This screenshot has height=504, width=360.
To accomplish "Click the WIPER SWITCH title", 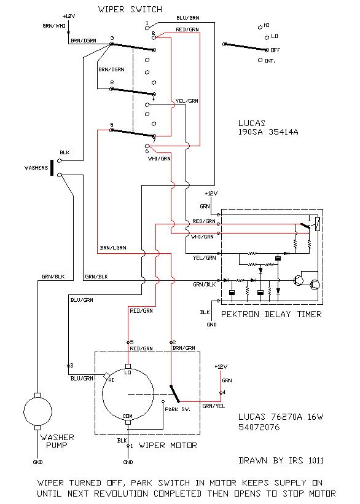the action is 130,10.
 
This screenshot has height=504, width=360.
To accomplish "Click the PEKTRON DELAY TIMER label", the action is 271,314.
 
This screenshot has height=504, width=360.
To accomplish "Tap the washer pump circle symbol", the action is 37,411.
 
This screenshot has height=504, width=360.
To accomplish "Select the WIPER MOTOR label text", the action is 168,445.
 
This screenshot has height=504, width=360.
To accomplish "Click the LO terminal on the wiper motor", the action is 128,366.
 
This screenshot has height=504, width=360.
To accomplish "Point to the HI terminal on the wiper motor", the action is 107,376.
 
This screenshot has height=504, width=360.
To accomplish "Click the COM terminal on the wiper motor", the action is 128,422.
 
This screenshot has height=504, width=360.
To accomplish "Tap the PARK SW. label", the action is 178,409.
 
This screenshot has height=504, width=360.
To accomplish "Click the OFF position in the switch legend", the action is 275,50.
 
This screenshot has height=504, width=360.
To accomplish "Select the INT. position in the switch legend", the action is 270,61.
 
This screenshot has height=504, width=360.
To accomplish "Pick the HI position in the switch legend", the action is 266,25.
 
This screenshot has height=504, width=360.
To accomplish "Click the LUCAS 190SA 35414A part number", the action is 268,127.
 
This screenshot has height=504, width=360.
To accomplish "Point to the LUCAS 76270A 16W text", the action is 281,417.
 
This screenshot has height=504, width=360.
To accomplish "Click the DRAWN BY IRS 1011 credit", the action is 281,460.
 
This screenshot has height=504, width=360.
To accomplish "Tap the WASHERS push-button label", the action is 36,168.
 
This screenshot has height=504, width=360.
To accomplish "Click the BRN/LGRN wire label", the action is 113,248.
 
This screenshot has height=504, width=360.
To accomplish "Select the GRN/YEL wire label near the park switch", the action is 214,406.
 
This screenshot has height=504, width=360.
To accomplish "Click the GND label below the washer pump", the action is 37,462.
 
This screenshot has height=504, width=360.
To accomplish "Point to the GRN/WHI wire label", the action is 54,26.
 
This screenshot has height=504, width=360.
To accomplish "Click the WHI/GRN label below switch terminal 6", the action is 159,159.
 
